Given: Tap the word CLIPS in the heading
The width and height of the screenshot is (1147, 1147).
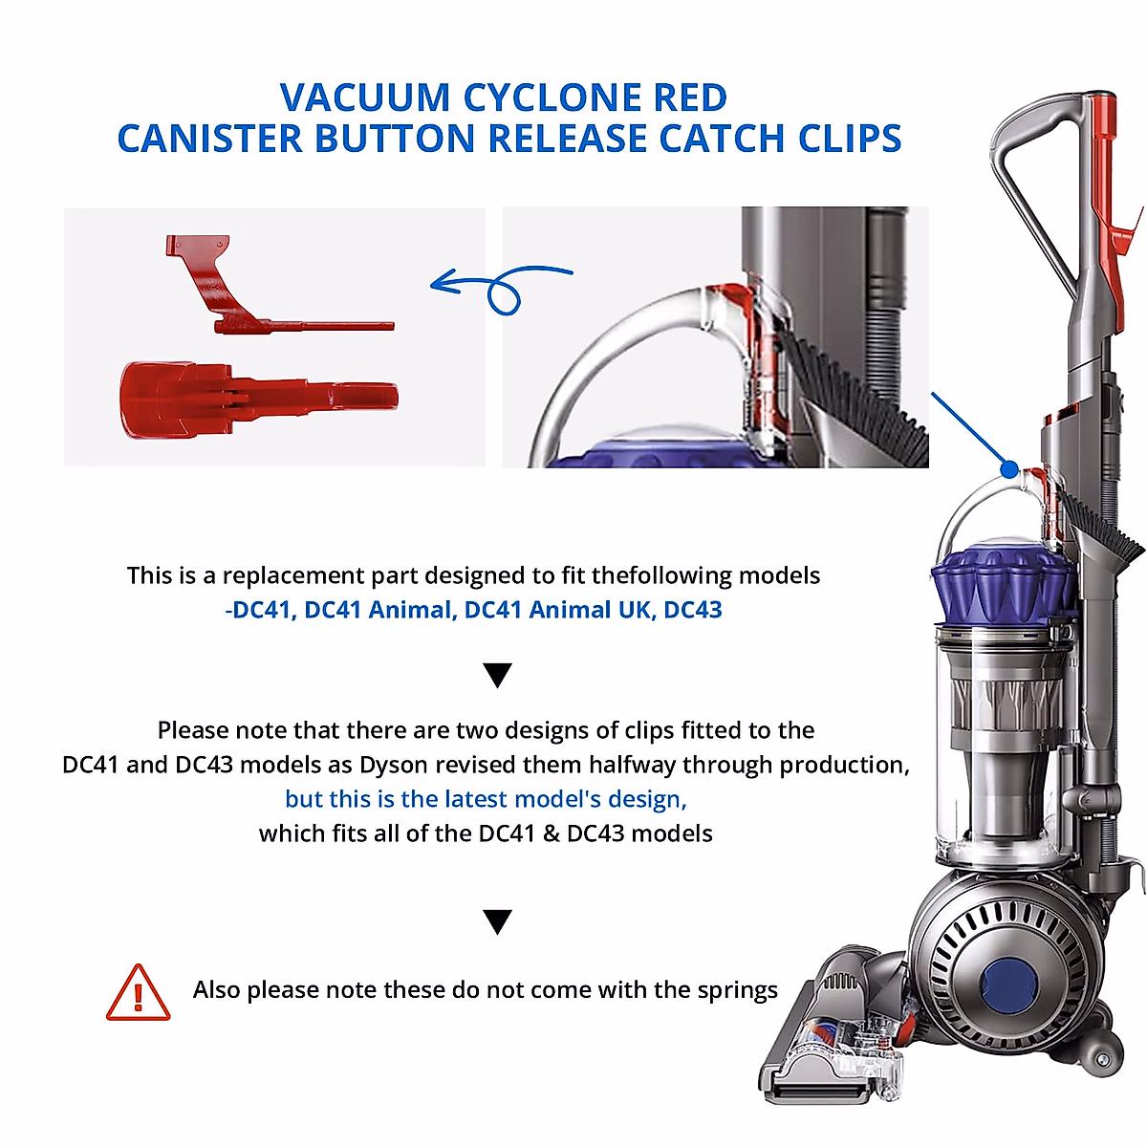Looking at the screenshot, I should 850,140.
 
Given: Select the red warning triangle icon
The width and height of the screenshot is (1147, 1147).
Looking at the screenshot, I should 138,994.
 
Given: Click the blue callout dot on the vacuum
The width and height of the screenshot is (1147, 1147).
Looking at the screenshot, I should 1009,468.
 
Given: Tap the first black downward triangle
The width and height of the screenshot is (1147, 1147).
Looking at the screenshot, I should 498,675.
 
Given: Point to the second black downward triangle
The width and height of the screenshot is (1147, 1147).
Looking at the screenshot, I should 498,921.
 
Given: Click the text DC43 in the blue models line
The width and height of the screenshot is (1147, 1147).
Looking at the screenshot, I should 693,610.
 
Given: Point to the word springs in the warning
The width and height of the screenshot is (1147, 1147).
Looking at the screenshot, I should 737,990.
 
